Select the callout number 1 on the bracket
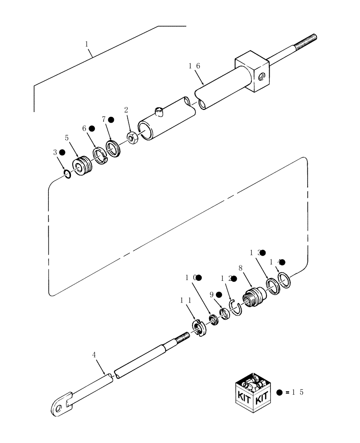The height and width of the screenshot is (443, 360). coord(87,44)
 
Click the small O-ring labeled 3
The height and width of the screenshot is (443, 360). coord(67,174)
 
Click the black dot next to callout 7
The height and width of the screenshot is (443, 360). coord(111,120)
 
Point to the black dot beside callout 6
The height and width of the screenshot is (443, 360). coord(92,128)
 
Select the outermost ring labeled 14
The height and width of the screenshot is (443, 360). coord(284,280)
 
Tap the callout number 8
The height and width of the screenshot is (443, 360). coord(241,269)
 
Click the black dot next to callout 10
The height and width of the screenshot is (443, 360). coord(199,278)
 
